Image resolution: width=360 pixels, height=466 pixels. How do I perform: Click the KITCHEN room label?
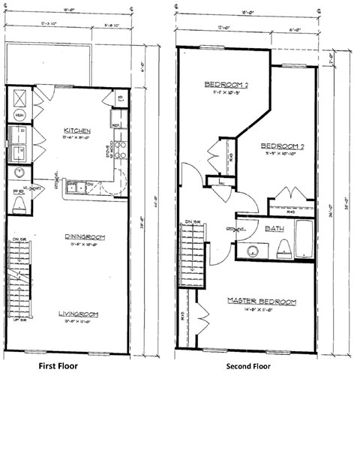(x=77, y=128)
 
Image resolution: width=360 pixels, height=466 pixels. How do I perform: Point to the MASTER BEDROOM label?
(x=262, y=302)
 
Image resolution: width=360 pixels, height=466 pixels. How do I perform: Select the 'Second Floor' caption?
(x=247, y=367)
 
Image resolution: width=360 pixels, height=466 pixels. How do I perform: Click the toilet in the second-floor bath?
(x=283, y=252)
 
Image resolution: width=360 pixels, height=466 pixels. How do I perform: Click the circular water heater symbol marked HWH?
(x=19, y=116)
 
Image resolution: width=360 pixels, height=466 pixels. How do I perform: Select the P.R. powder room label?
(x=16, y=191)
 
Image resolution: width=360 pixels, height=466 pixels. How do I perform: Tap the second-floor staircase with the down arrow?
(x=193, y=248)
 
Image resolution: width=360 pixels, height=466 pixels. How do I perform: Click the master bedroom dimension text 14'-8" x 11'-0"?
(x=262, y=309)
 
